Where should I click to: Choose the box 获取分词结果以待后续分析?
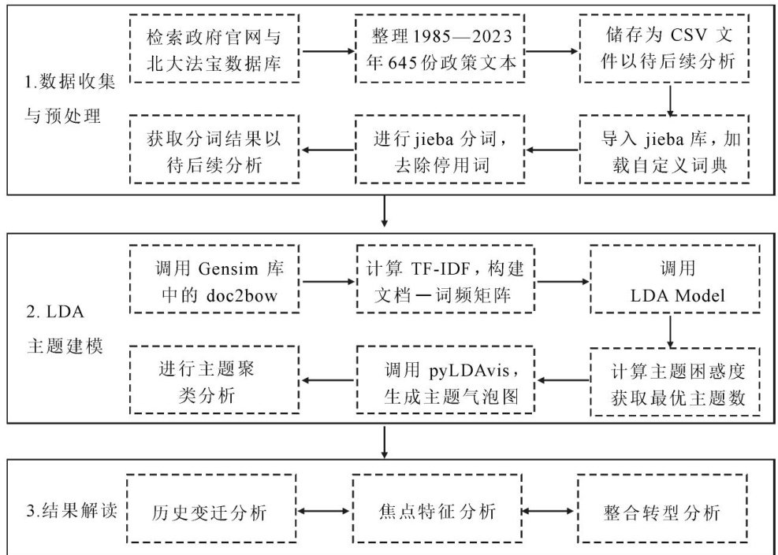pos(214,148)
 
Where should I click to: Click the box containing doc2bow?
pos(214,279)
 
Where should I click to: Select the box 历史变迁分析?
pos(209,512)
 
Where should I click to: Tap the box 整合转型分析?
pos(661,512)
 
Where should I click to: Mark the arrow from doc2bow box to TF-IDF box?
pos(328,279)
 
